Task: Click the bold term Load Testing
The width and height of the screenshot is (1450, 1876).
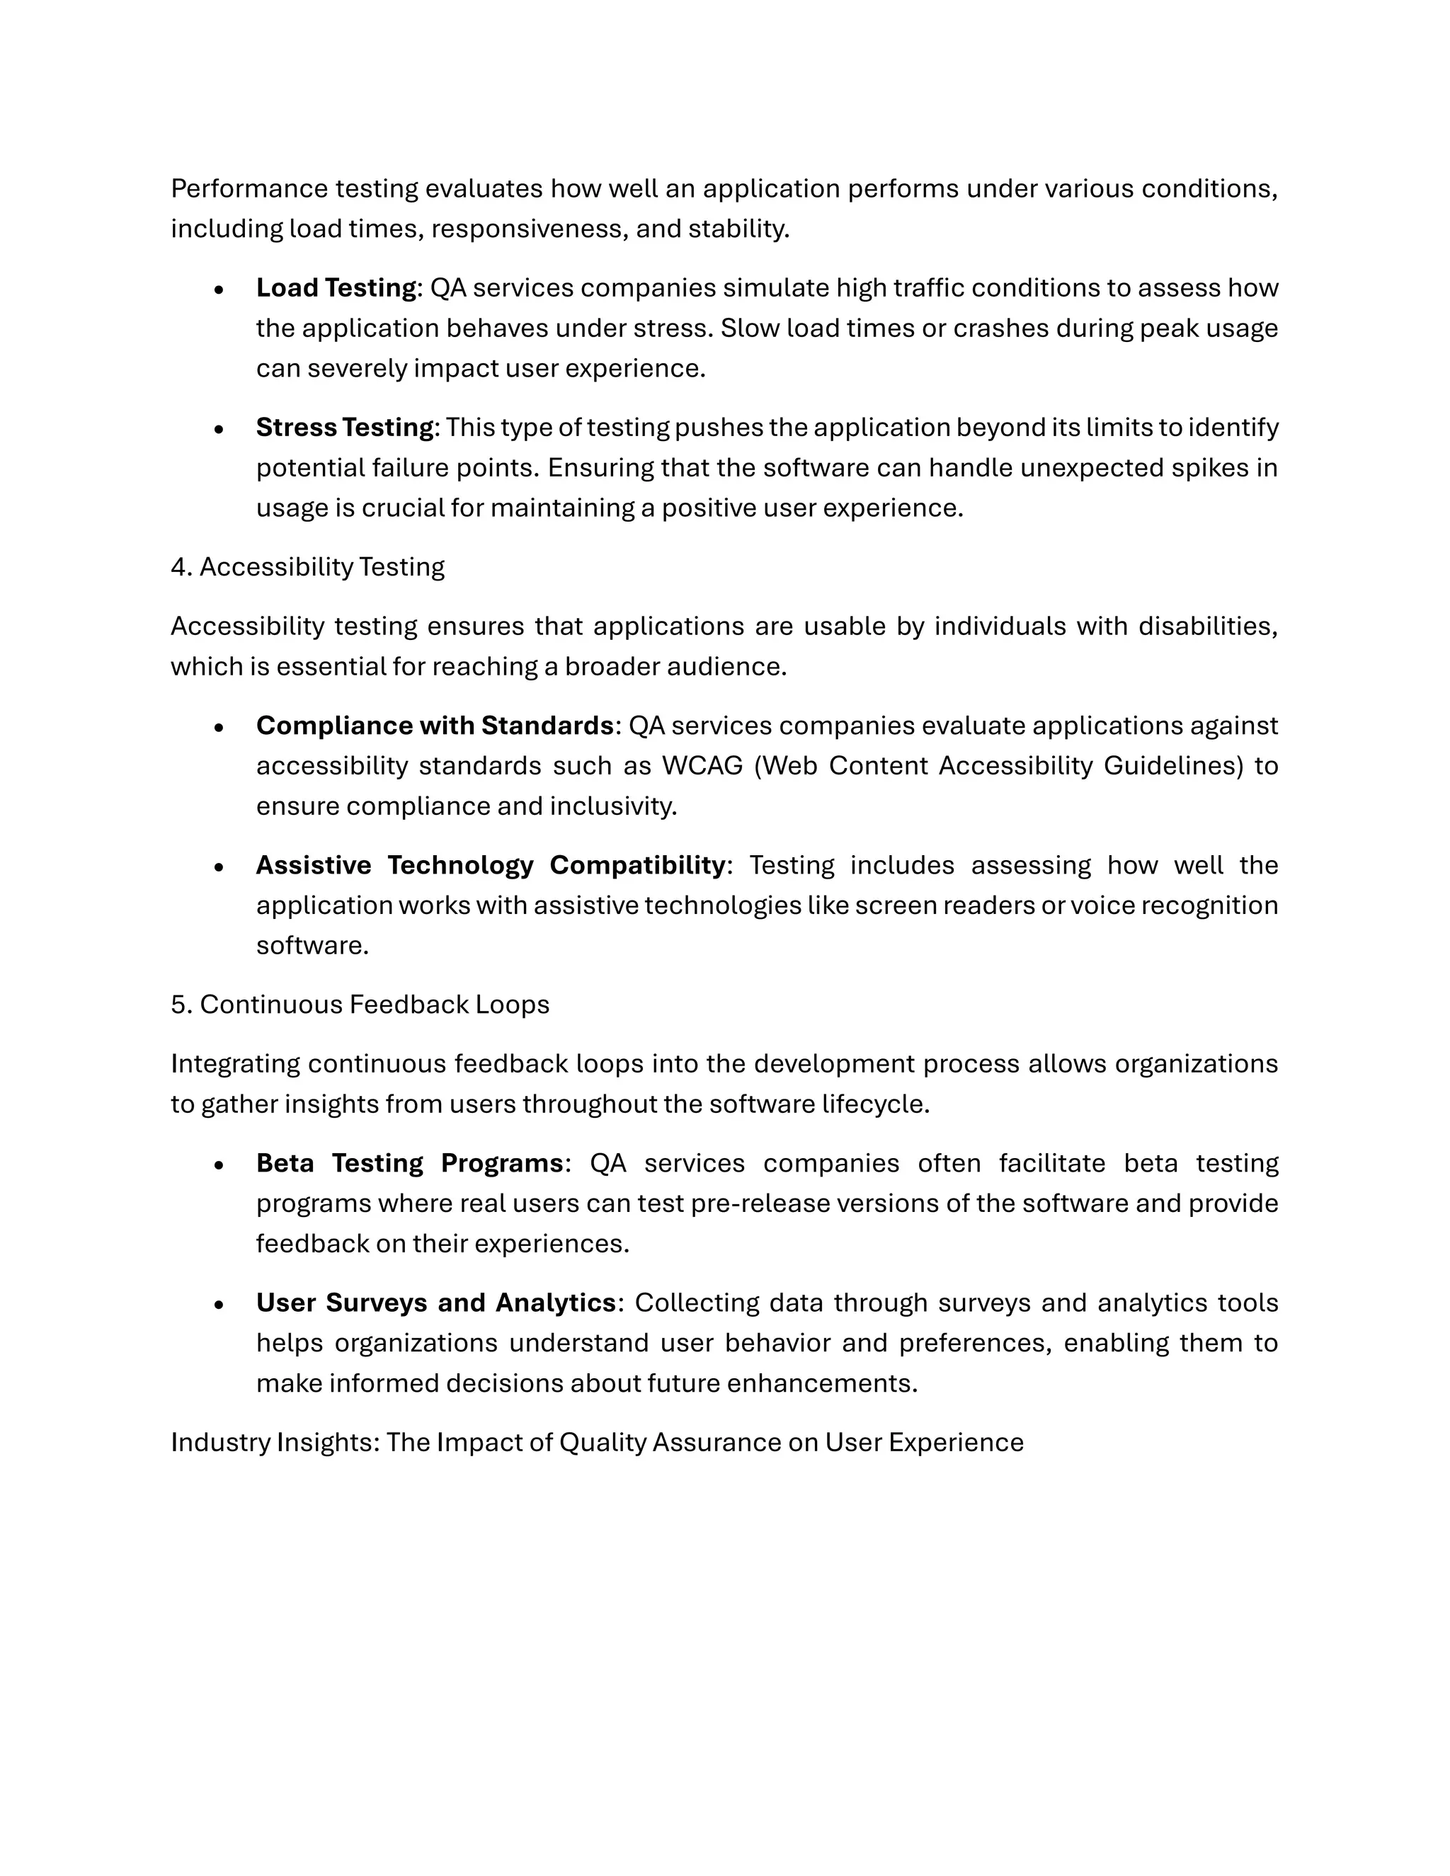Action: (336, 287)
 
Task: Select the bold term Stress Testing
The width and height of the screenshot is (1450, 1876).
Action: (346, 427)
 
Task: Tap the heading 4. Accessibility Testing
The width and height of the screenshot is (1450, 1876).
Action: (307, 567)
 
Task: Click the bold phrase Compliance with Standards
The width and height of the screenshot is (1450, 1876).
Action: (435, 725)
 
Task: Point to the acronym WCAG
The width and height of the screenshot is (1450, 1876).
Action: (702, 765)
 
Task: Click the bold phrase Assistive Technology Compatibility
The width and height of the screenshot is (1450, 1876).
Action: (491, 865)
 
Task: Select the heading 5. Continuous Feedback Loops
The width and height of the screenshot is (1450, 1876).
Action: (360, 1004)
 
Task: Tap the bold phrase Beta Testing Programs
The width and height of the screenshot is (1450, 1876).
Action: (410, 1163)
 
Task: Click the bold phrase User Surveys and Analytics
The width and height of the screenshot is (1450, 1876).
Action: (436, 1302)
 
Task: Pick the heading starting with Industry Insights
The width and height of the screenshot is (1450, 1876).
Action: (597, 1442)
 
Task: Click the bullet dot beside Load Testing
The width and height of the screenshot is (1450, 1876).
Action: (220, 290)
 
